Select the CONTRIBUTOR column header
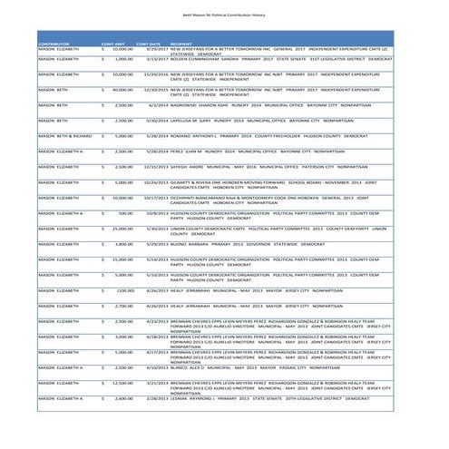tap(54, 44)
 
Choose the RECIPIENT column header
tap(181, 44)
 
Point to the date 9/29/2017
tap(151, 49)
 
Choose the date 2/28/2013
tap(151, 398)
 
